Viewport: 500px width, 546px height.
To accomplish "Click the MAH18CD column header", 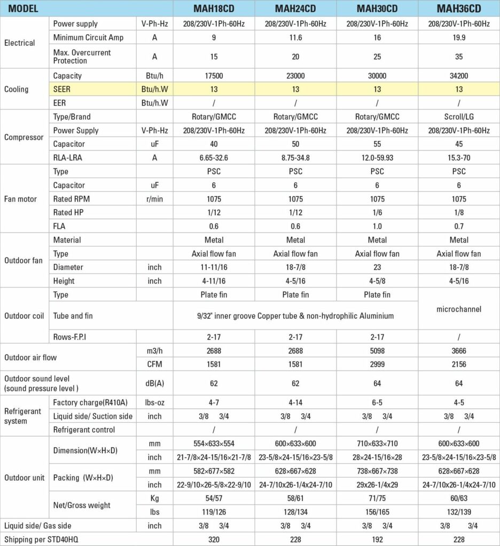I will pos(214,9).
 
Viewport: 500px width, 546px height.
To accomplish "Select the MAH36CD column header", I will pos(459,9).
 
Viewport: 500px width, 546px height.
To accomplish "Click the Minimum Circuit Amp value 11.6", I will pos(296,38).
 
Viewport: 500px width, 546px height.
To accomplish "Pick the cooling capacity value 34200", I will pos(459,76).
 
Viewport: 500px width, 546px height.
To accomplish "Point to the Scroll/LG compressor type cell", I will pos(459,117).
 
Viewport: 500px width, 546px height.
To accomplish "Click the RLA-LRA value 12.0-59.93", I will pos(378,157).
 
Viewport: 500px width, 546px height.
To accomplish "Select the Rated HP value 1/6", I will pos(378,213).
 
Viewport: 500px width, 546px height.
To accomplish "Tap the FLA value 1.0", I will pos(378,226).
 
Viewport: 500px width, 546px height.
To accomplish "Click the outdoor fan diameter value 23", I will pos(378,267).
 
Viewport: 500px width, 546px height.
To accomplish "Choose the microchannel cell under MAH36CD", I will pos(459,309).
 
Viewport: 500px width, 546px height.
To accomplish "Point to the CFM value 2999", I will pos(378,364).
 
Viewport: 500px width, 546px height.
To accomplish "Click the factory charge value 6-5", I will pos(378,402).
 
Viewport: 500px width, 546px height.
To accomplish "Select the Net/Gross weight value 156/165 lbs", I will pos(378,512).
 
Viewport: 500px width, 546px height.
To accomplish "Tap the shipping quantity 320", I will pos(214,539).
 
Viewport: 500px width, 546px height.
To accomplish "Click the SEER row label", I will pos(62,89).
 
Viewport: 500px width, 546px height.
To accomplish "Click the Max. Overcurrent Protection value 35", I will pos(459,56).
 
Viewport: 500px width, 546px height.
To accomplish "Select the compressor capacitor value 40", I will pos(214,144).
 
